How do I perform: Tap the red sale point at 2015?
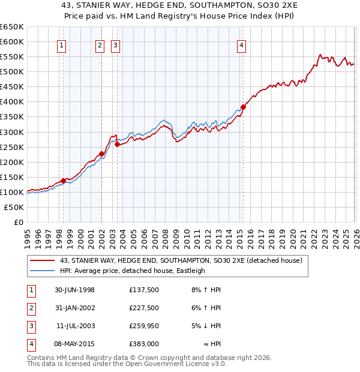[x=243, y=107]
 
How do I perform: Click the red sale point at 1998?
[x=63, y=181]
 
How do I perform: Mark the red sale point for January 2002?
[x=101, y=154]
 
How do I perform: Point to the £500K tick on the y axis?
[x=12, y=71]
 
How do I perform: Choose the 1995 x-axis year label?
[x=27, y=236]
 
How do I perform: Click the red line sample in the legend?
[x=43, y=260]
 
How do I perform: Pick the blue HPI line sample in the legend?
[x=43, y=271]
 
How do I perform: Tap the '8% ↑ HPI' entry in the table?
[x=206, y=290]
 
